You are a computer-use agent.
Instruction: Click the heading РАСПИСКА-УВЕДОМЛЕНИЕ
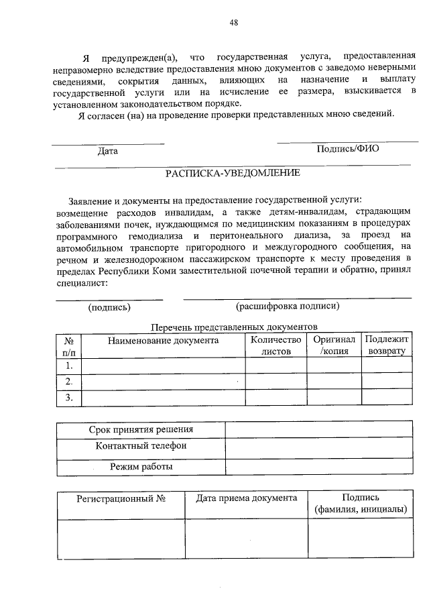[233, 172]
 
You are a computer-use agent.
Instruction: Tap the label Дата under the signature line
[107, 151]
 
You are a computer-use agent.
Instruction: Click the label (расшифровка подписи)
[288, 307]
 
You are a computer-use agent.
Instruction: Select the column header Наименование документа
[163, 340]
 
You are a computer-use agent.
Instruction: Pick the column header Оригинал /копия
[334, 345]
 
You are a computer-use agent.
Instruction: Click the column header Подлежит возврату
[387, 345]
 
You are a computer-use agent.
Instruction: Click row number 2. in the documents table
[68, 382]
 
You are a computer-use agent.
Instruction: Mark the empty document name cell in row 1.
[163, 366]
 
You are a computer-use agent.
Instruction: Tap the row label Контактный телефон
[141, 446]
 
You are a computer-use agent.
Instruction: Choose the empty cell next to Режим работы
[318, 466]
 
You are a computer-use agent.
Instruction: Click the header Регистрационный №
[121, 498]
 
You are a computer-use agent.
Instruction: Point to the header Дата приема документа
[246, 498]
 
